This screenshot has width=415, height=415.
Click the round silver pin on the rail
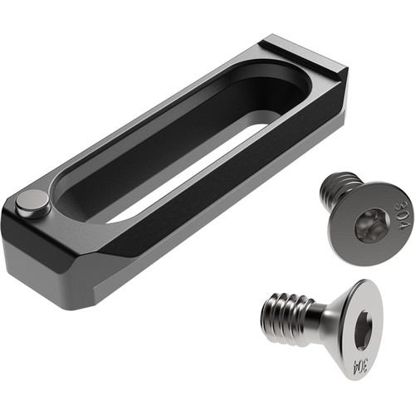pos(32,204)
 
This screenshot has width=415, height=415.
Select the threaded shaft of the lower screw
pos(288,319)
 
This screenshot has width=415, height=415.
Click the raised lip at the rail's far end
pos(301,51)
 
